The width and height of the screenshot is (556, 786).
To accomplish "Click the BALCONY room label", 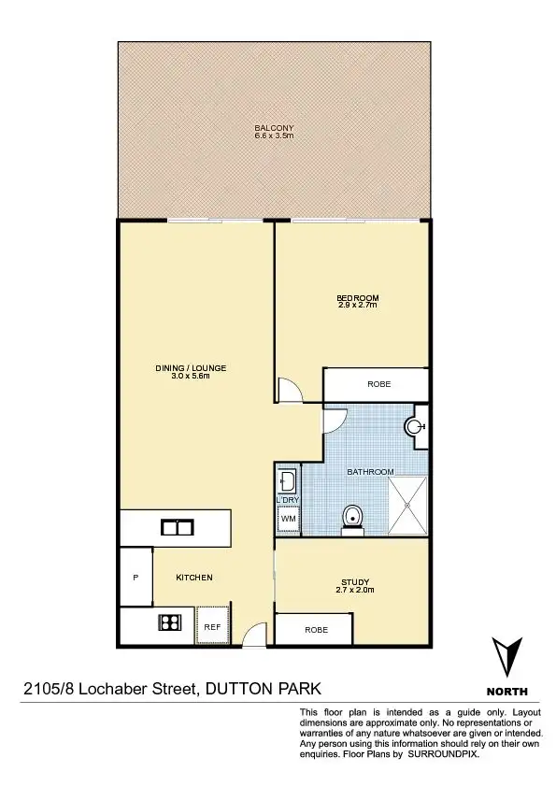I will click(x=274, y=128).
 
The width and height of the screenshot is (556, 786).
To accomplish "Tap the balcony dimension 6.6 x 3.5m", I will click(x=274, y=136).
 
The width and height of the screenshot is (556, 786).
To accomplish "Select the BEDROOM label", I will click(x=358, y=298).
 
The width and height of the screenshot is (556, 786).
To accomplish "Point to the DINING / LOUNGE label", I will click(x=191, y=368).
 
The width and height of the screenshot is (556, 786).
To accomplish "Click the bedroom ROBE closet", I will click(x=377, y=384).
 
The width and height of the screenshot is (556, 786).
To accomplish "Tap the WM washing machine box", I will click(x=289, y=519).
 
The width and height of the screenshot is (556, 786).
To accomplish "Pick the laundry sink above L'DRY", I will click(x=288, y=482).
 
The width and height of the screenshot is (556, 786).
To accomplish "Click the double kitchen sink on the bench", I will click(x=176, y=527).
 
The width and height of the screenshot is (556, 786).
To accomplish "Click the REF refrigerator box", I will click(x=212, y=626).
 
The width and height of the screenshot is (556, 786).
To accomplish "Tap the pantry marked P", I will click(x=135, y=578).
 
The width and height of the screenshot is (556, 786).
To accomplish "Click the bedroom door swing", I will click(x=291, y=391).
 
